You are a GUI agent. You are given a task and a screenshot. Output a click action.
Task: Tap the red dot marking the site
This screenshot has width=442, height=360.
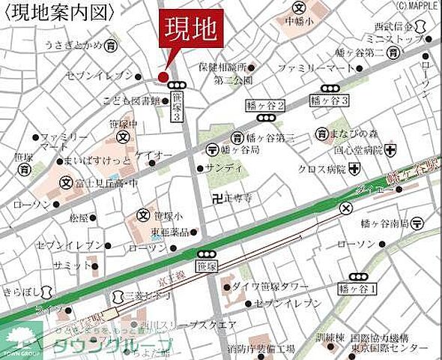click(162, 76)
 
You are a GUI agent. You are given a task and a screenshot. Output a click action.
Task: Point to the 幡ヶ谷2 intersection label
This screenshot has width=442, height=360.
click(264, 107)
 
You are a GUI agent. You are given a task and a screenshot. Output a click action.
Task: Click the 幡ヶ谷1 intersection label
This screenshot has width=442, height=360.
click(358, 288)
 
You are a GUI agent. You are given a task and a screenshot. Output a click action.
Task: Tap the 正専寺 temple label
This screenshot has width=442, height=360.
click(239, 199)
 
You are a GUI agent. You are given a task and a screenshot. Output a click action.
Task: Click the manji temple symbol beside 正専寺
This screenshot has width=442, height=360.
click(218, 199)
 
